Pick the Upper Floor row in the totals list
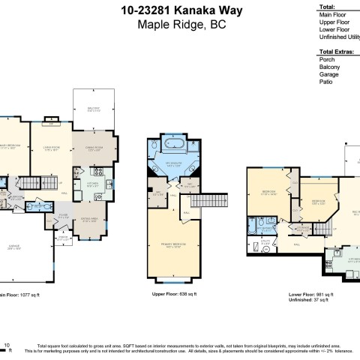(x=334, y=22)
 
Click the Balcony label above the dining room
(x=94, y=109)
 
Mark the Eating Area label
(x=91, y=220)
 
